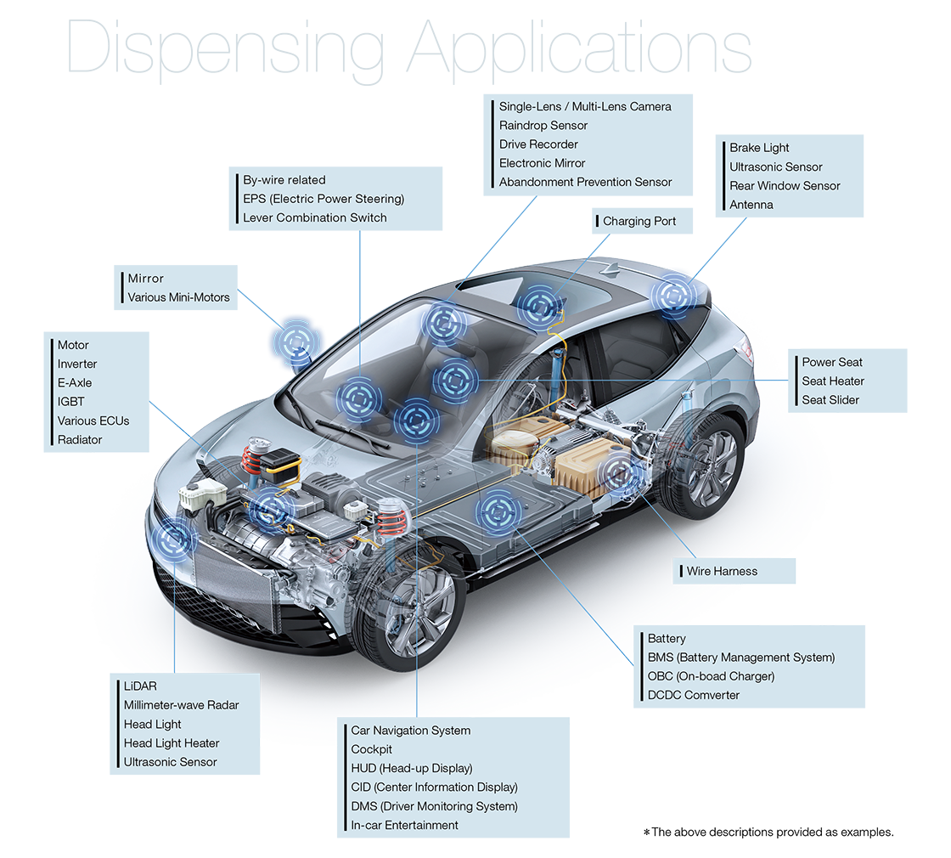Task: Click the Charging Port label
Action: tap(639, 222)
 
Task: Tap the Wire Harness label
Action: tap(722, 572)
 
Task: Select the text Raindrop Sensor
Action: tap(543, 126)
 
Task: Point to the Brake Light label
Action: tap(759, 148)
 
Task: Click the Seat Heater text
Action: tap(833, 381)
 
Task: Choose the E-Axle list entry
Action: tap(75, 383)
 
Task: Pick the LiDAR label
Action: tap(140, 686)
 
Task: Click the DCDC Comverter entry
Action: tap(694, 696)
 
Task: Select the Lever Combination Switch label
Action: tap(314, 218)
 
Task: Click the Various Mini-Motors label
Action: tap(178, 297)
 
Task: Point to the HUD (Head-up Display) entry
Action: tap(412, 769)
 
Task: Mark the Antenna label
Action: tap(751, 205)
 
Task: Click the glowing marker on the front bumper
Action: tap(173, 539)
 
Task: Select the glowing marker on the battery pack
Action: tap(496, 513)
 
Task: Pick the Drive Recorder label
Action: tap(538, 144)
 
